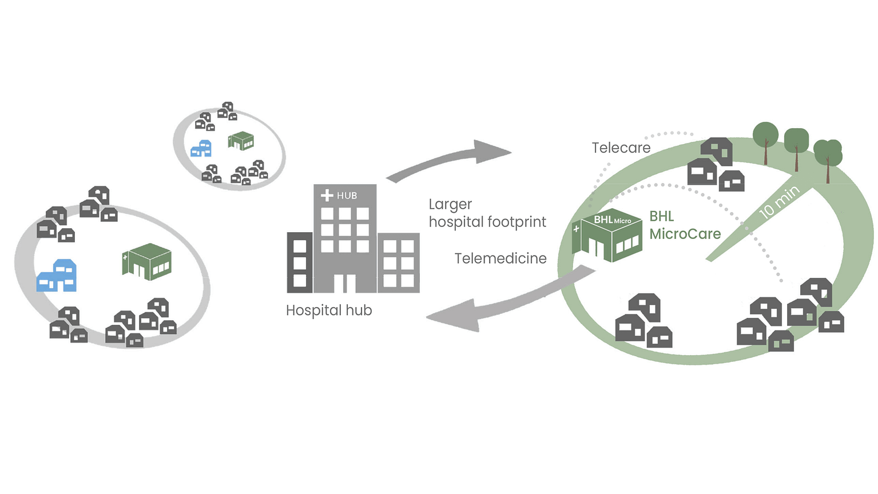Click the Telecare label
coord(621,148)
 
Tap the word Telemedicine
coord(500,258)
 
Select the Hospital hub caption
coord(329,310)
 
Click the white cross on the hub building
coord(327,195)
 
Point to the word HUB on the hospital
coord(347,196)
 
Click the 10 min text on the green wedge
coord(779,202)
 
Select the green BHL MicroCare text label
coord(685,225)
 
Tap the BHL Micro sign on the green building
coord(612,220)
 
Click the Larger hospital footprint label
coord(487,213)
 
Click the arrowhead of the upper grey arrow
coord(492,152)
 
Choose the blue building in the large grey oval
coord(57,276)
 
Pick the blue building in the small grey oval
coord(201,149)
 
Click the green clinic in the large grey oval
coord(147,262)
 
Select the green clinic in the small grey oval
coord(241,141)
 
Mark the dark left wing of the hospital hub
coord(300,262)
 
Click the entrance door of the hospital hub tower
coord(345,284)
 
